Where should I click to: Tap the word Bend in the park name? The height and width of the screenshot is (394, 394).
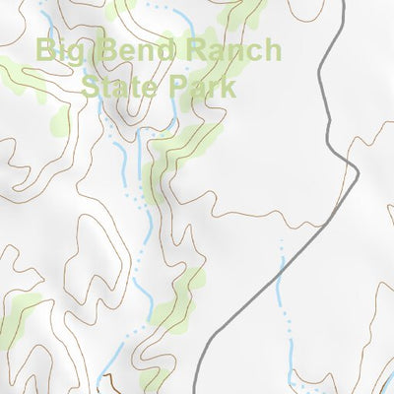[130, 51]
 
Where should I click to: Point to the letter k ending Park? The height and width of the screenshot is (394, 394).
[230, 87]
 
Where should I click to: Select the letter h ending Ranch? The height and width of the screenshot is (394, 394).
[271, 51]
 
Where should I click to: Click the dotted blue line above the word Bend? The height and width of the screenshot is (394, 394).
[158, 8]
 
